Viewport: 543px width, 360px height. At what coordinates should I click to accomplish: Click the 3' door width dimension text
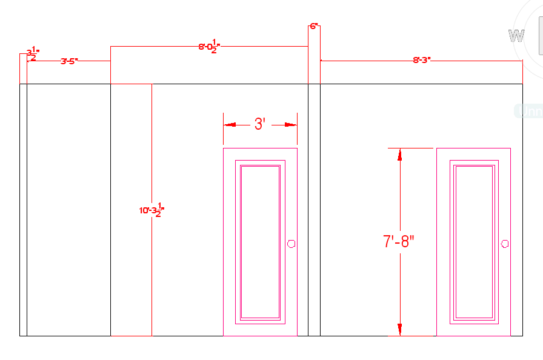[259, 124]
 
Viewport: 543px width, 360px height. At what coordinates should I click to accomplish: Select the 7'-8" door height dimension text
[399, 241]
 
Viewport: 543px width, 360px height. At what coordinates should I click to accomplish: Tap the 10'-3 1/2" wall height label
[152, 210]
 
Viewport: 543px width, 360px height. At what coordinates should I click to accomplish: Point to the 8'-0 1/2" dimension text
[209, 47]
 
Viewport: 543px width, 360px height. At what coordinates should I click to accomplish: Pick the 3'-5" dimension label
[69, 61]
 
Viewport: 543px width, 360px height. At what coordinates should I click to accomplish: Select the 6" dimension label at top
[314, 27]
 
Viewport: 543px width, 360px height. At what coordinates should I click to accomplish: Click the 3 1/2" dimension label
[32, 55]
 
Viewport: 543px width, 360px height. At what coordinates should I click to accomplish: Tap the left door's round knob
[291, 244]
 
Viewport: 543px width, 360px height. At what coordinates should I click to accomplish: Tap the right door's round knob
[504, 244]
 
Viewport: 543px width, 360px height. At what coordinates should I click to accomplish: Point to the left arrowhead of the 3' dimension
[229, 125]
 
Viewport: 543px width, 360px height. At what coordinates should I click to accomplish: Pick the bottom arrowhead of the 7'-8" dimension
[399, 330]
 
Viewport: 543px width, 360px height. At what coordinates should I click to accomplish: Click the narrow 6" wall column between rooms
[314, 209]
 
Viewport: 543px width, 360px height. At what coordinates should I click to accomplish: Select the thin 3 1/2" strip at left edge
[23, 209]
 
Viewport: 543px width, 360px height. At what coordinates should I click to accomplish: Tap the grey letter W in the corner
[516, 36]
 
